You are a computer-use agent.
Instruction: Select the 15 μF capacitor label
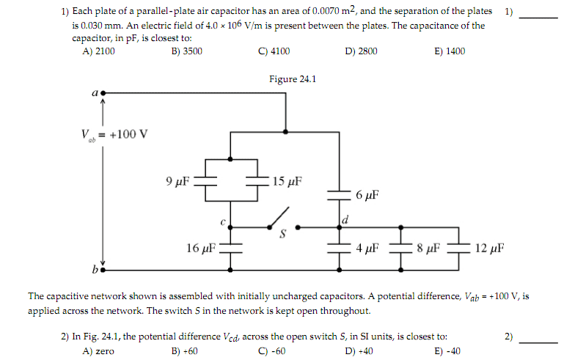click(287, 181)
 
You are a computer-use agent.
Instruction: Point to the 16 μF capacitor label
click(201, 248)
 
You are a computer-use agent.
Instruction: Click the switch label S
click(279, 235)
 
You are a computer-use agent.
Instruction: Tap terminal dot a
click(103, 94)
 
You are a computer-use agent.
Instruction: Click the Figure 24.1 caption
click(292, 78)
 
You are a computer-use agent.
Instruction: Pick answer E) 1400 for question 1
click(449, 51)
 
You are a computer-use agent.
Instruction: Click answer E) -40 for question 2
click(446, 350)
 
